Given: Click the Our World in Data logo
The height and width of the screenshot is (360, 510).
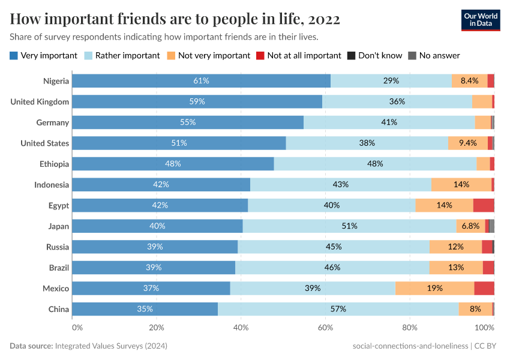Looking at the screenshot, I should [481, 20].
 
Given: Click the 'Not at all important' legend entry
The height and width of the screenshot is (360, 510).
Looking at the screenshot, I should [298, 55].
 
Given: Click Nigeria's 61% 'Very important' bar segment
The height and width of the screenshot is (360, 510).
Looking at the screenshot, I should [201, 81].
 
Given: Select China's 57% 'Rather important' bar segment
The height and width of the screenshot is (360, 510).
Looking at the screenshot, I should [338, 309].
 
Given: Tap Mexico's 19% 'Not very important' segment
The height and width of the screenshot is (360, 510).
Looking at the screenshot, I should [434, 289].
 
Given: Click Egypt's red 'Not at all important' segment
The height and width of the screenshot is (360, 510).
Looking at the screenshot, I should [484, 205].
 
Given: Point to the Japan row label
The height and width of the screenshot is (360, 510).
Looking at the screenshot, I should [59, 226].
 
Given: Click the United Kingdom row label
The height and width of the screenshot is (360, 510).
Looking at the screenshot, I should [40, 102].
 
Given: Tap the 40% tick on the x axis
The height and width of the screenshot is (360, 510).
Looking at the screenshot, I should [241, 328].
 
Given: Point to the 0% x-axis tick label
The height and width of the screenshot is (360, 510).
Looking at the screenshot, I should [77, 328].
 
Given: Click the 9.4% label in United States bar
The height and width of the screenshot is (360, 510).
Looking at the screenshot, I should [467, 143].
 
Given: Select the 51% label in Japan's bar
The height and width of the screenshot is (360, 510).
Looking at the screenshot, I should [349, 226].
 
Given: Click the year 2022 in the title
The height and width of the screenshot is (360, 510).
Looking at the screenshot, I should [323, 19].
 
